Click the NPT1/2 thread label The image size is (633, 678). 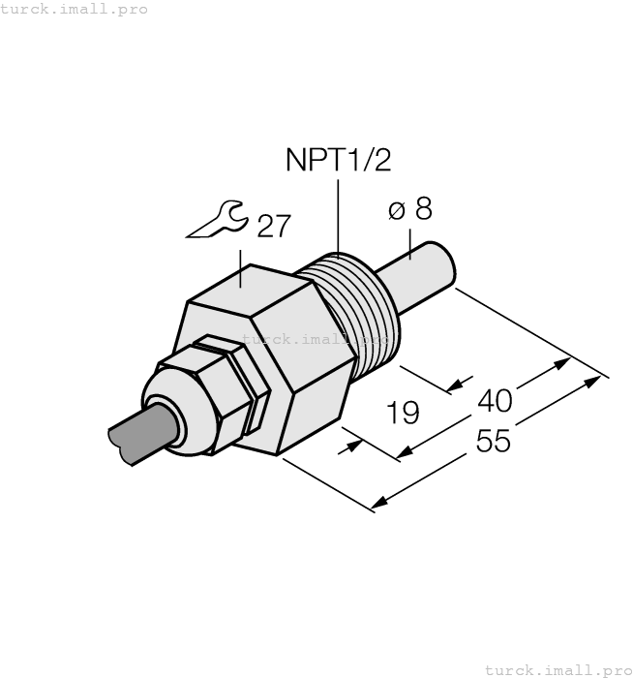coord(338,160)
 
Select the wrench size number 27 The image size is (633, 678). coord(272,226)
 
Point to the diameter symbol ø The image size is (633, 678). coord(395,210)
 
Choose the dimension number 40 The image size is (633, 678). coord(497,399)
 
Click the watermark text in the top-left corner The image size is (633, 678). coord(74,9)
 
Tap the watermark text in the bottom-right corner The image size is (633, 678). coord(558,669)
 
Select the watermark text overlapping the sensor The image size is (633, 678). coord(315,339)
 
